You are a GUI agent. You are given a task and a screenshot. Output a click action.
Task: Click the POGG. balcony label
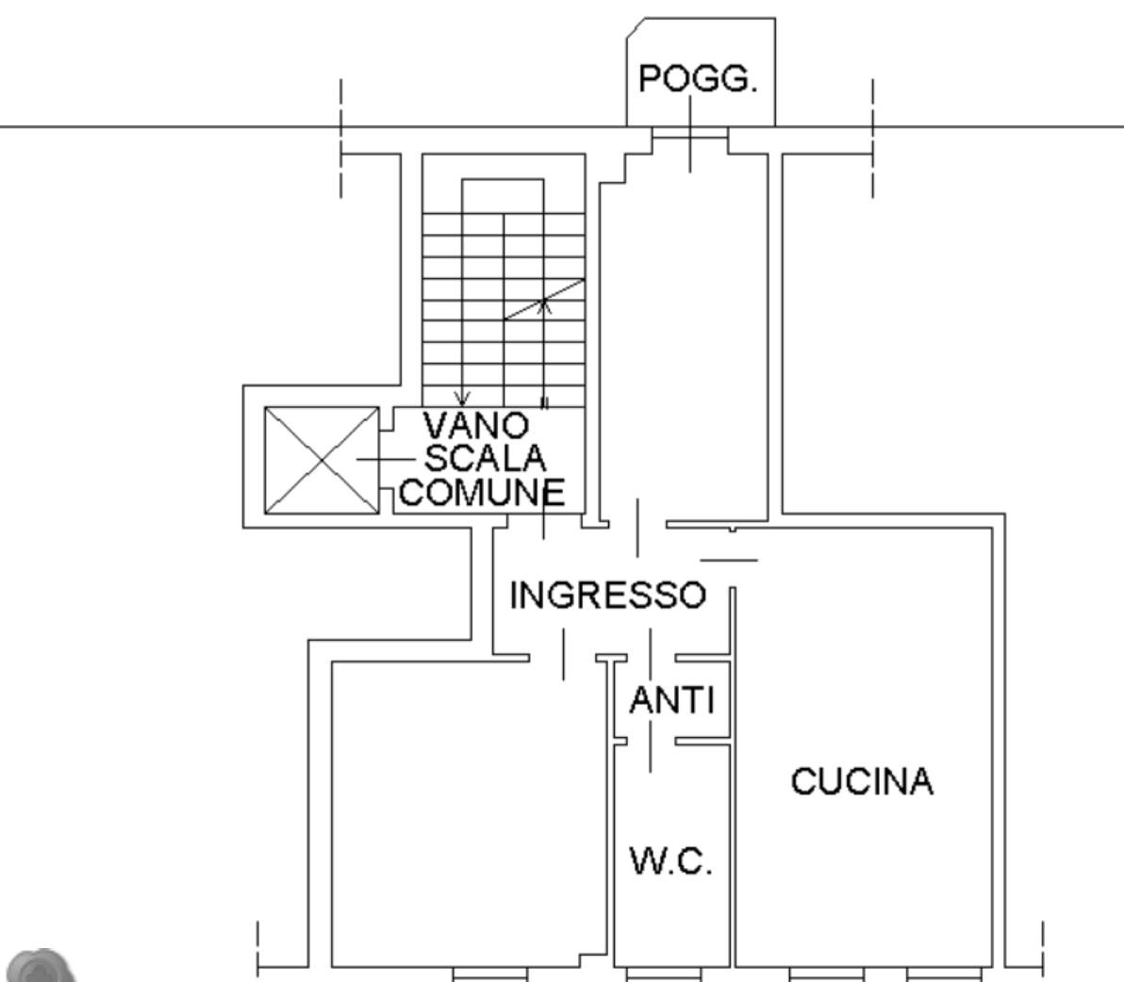pos(698,79)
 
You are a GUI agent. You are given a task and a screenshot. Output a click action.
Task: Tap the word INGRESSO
pos(608,596)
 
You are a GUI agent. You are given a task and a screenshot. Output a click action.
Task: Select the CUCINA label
pos(862,780)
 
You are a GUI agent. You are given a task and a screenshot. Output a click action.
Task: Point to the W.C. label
pos(671,861)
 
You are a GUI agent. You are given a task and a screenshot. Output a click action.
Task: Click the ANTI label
pos(672,700)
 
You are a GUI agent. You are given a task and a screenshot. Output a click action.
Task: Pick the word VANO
pos(476,425)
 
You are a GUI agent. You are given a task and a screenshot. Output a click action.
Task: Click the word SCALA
pos(486,458)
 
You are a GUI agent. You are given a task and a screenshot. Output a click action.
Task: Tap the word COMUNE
pos(483,492)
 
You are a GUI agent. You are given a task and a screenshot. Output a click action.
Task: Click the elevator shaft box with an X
pos(322,461)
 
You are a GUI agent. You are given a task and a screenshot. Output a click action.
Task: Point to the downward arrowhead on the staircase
pos(462,399)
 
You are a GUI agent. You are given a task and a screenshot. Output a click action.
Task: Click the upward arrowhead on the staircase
pos(544,306)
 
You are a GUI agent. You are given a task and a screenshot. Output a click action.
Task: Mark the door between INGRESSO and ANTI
pos(651,658)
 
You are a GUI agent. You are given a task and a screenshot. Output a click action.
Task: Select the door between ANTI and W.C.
pos(651,742)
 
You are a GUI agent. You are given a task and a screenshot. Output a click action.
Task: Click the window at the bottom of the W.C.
pos(663,974)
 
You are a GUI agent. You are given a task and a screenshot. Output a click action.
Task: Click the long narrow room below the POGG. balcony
pos(684,336)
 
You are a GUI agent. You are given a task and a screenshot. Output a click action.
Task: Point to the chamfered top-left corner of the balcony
pos(636,28)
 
